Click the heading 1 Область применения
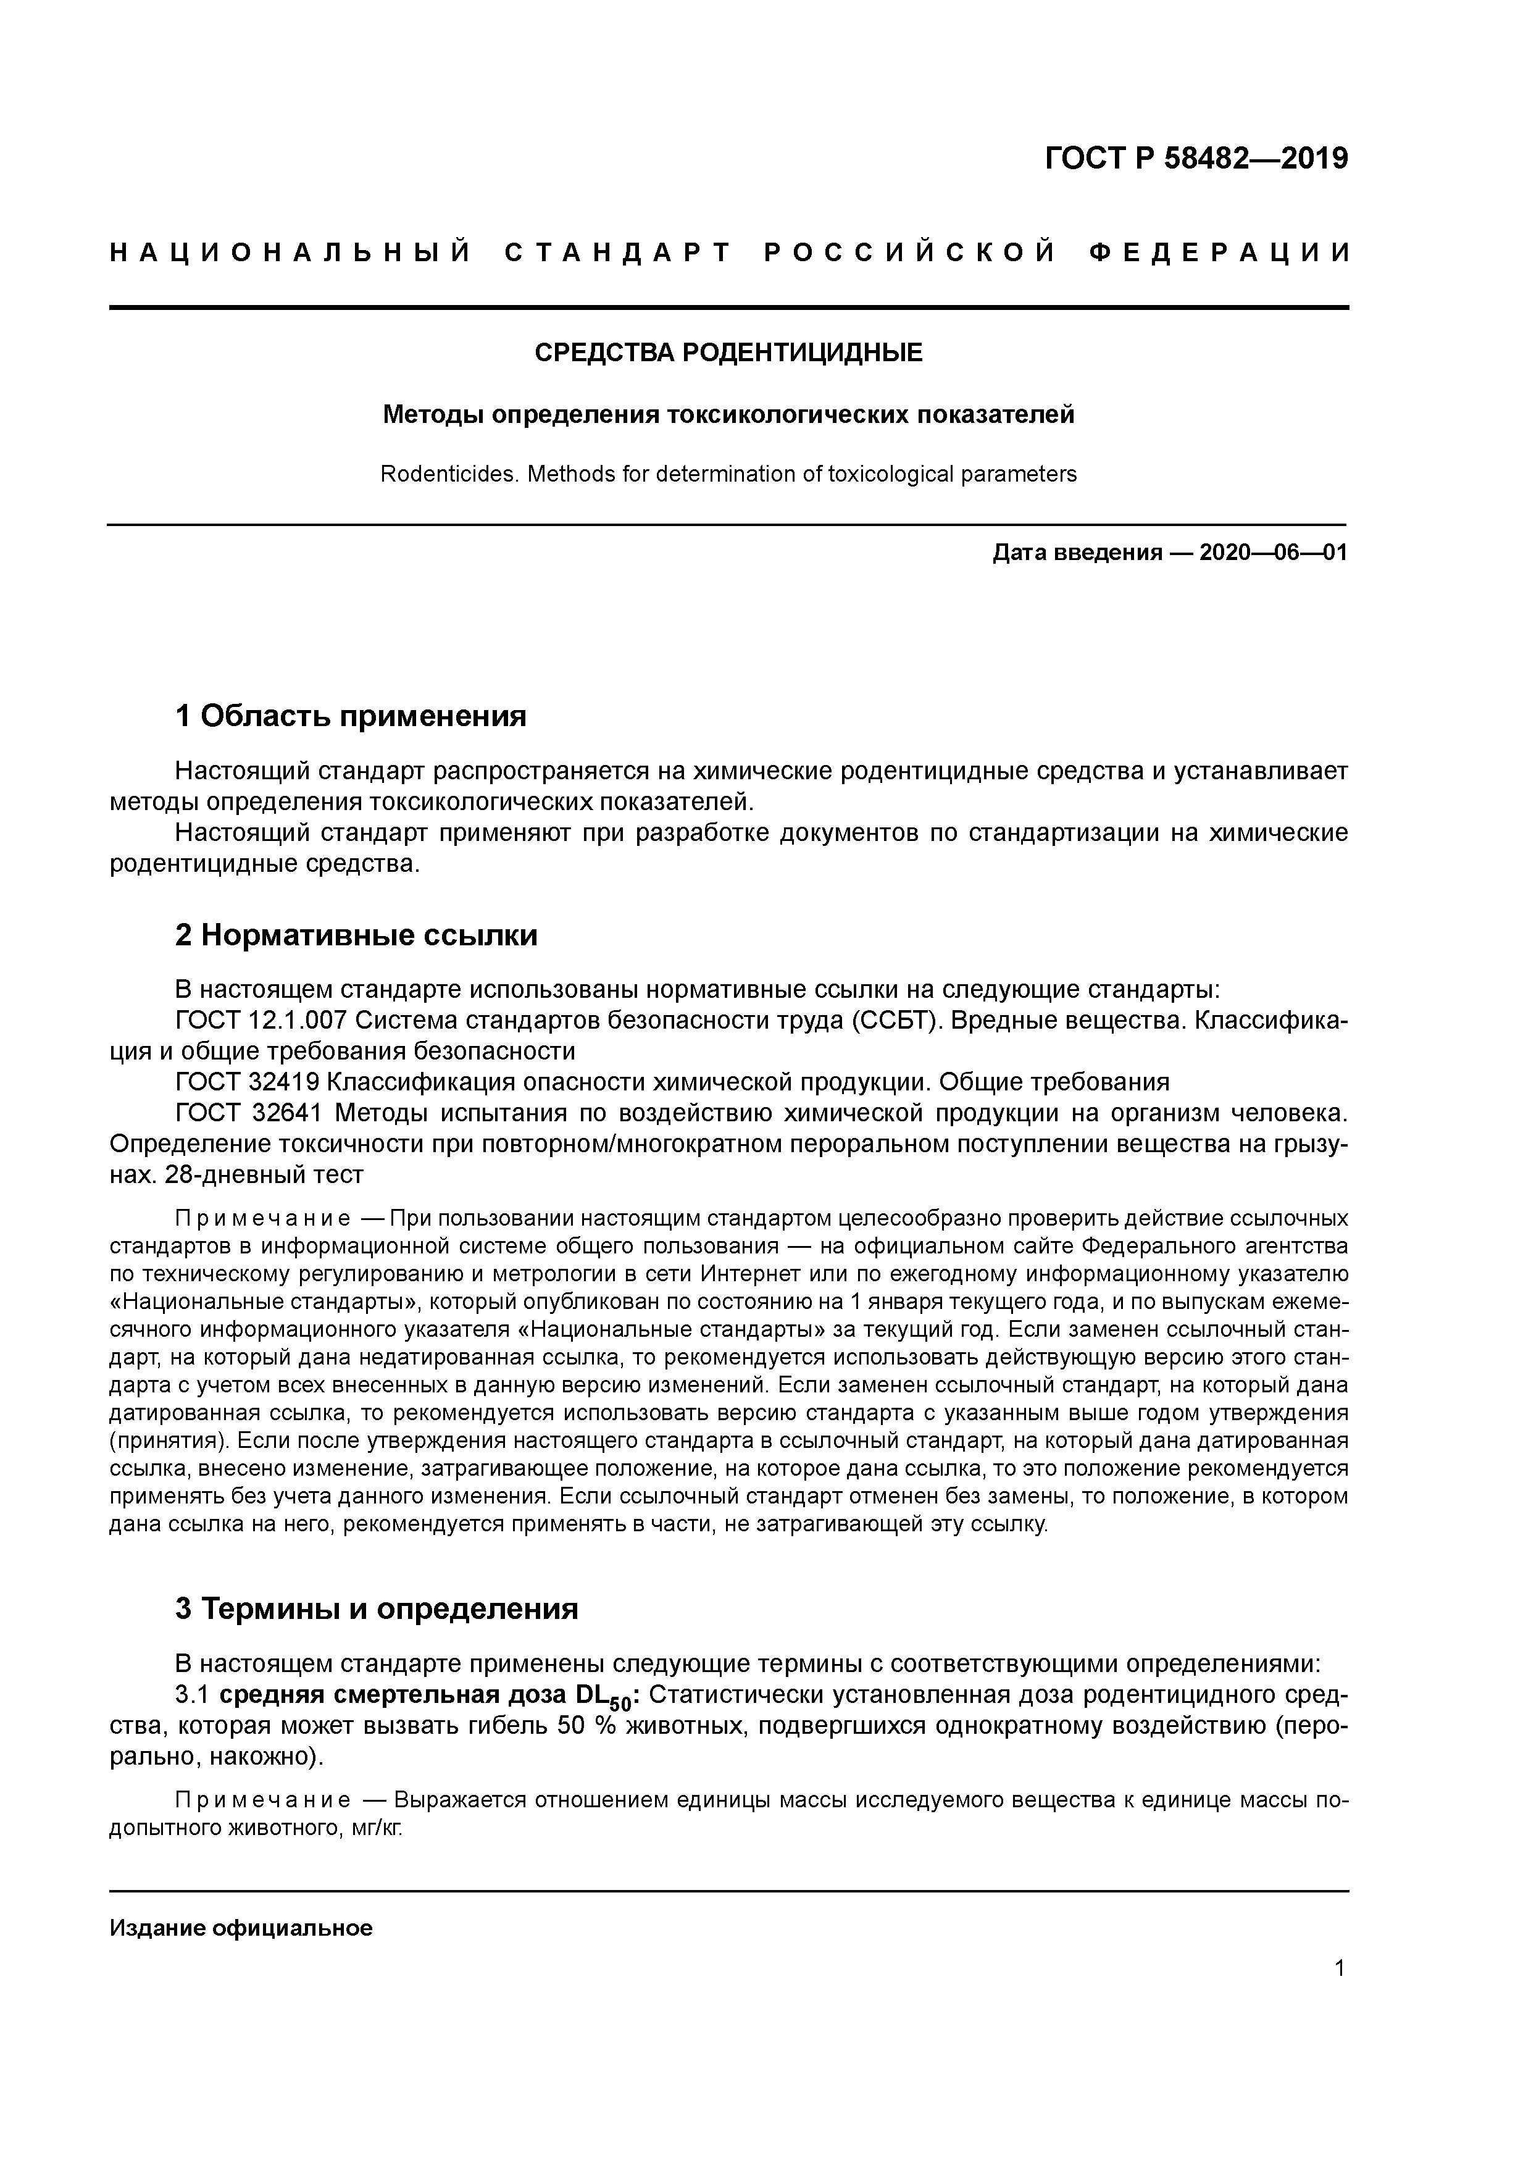[x=350, y=716]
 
